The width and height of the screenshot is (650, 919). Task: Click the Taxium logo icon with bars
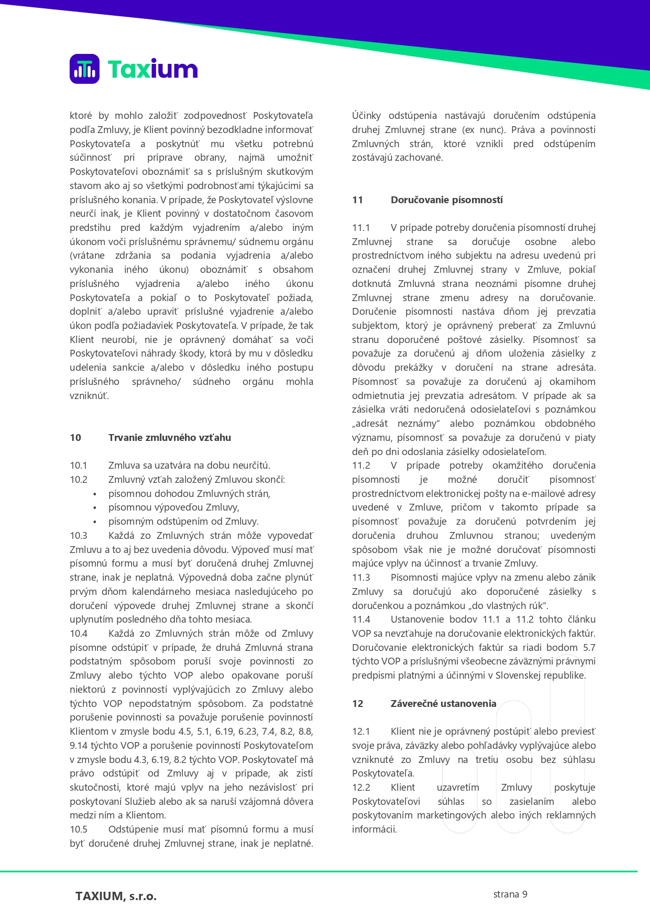pos(84,69)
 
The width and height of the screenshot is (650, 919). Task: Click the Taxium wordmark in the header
pos(152,69)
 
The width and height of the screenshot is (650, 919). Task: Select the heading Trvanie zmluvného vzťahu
pos(169,438)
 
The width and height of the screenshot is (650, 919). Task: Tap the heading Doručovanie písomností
pos(446,200)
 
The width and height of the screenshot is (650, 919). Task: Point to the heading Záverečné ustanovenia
pos(443,704)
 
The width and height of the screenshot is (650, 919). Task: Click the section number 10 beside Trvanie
pos(75,438)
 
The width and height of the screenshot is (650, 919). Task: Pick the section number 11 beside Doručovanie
pos(358,200)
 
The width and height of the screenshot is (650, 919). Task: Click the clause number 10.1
pos(79,466)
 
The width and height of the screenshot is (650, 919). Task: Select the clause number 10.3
pos(79,536)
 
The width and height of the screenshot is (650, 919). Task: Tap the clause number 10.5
pos(79,829)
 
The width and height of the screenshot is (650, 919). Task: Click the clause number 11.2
pos(361,466)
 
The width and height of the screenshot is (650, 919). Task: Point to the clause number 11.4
pos(361,619)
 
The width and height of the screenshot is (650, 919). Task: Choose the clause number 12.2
pos(361,788)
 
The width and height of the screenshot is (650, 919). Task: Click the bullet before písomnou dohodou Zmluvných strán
pos(95,494)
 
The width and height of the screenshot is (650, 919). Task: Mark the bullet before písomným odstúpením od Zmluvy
pos(95,522)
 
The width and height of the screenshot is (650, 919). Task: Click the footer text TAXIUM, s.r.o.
pos(116,896)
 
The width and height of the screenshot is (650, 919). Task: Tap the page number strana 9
pos(510,894)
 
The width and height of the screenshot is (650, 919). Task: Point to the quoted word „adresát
pos(370,424)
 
